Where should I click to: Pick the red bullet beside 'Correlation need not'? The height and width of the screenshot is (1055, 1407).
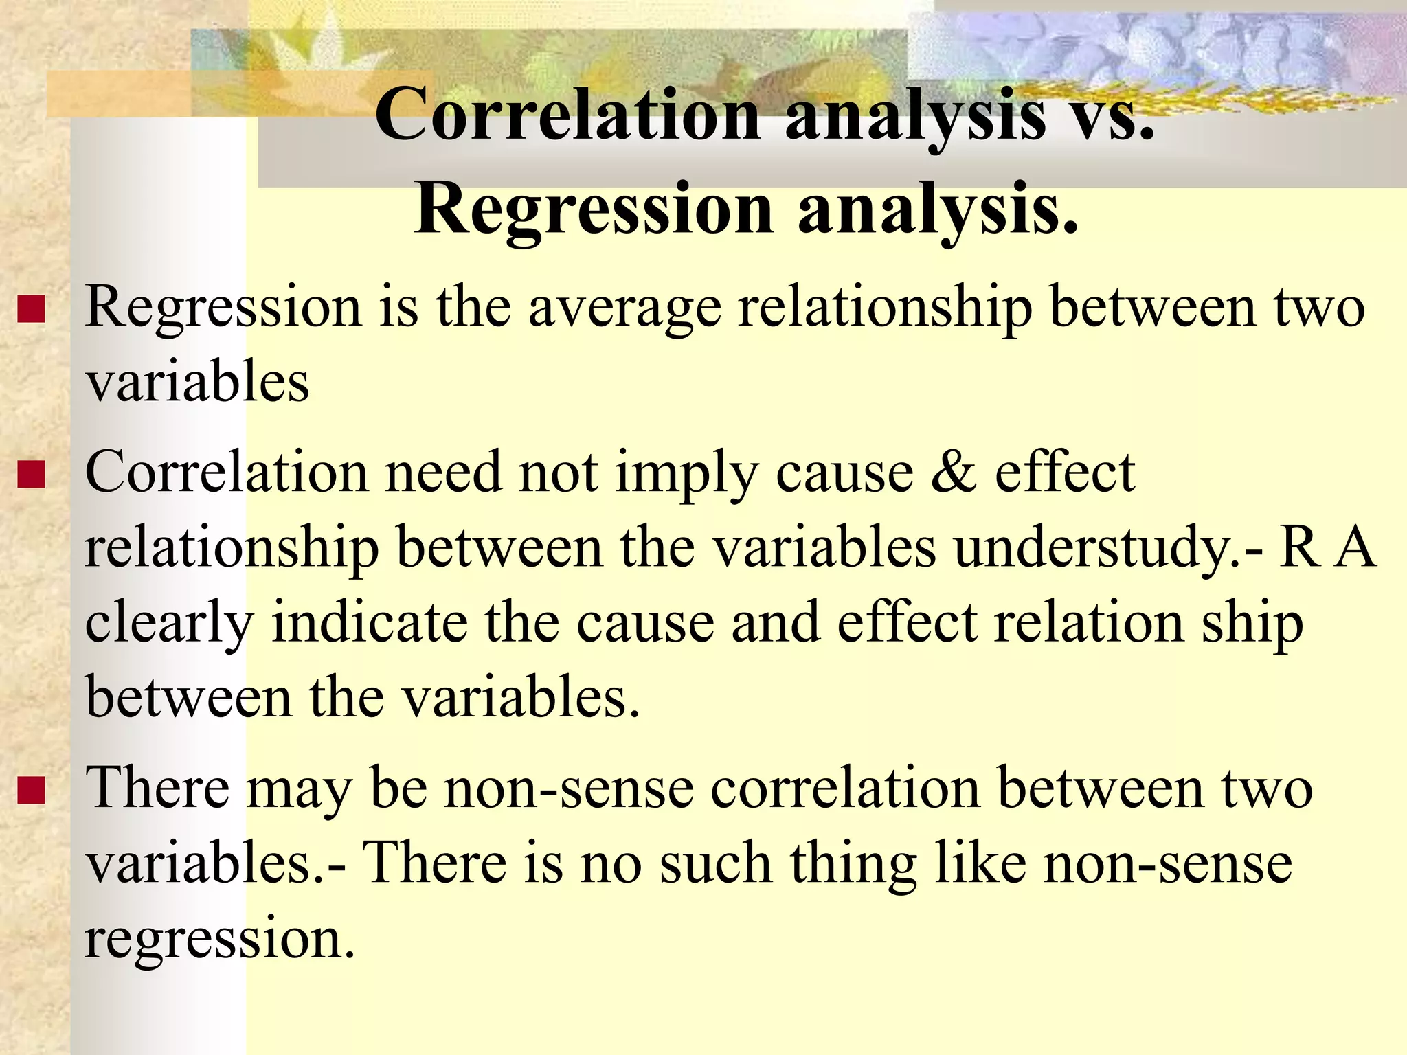[32, 474]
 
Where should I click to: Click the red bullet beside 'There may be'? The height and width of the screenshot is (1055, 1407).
[32, 791]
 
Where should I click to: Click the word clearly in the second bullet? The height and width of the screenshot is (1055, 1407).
[169, 624]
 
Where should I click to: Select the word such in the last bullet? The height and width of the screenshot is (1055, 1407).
[715, 863]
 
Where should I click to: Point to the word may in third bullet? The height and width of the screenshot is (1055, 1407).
[299, 791]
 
